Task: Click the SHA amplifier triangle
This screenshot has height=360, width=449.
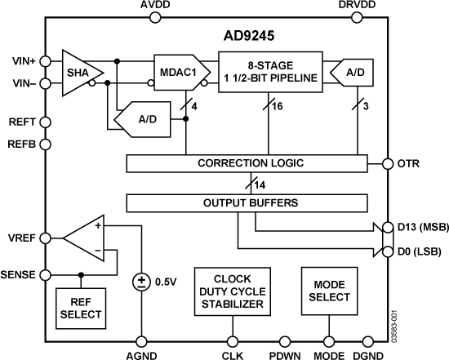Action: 78,71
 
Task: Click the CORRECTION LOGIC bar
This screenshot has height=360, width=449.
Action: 251,163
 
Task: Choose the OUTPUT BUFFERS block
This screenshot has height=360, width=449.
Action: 251,202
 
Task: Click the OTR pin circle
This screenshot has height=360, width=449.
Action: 388,163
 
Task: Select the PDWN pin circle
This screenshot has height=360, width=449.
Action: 286,341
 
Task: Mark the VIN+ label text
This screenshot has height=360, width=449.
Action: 20,60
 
